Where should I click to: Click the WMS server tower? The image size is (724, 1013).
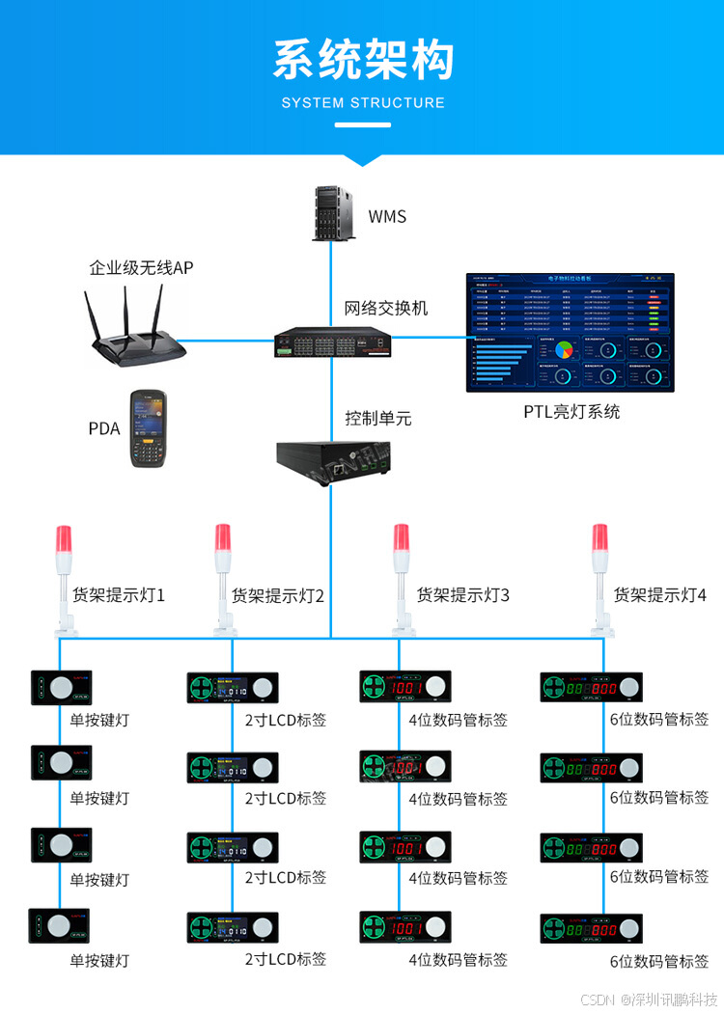point(330,213)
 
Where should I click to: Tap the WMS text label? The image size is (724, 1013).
point(387,216)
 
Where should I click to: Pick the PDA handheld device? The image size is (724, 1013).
point(150,429)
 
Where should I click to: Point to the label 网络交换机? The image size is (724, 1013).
point(386,309)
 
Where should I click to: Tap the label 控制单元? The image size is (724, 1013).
point(378,419)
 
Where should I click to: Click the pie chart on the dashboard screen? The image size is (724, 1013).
point(562,350)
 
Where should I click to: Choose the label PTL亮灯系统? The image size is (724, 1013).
point(571,412)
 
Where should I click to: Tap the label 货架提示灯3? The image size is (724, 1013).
point(463,595)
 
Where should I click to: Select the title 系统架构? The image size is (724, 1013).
point(362,60)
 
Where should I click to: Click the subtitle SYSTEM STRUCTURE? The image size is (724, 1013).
point(363,103)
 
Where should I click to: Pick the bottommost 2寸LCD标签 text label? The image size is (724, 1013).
point(286,959)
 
